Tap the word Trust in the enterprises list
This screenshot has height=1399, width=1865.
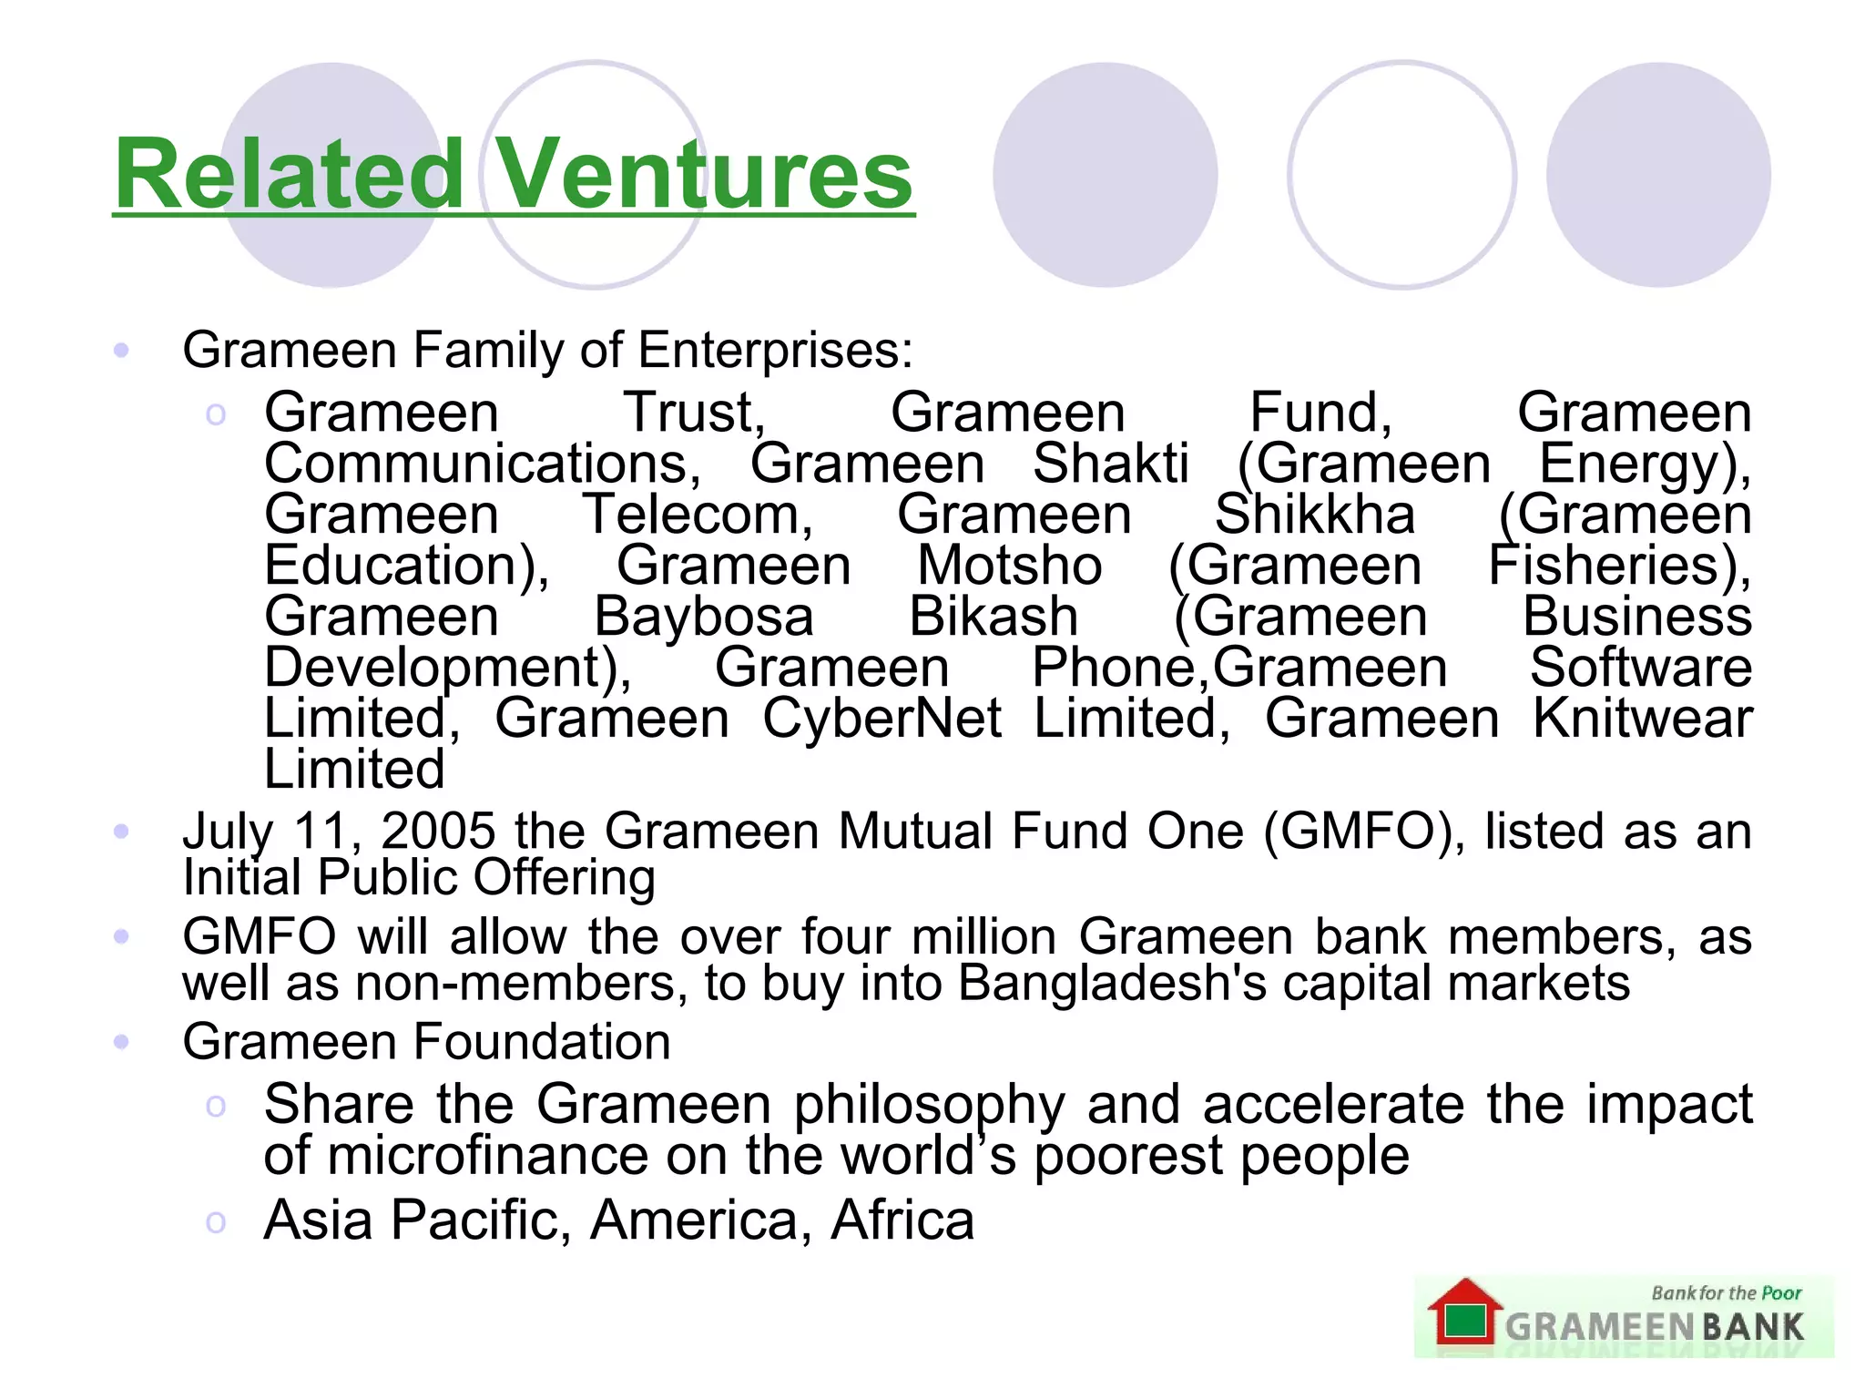pos(694,413)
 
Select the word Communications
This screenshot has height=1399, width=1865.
pos(483,464)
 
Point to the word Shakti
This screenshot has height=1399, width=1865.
pos(1111,464)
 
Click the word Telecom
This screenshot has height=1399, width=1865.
pos(698,515)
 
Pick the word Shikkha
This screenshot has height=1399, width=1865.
pos(1315,515)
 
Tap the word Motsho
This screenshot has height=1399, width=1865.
pos(1009,566)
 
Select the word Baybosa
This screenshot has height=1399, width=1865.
pos(704,617)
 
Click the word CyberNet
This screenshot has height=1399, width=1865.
pos(882,719)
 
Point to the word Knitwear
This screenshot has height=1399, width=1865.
pos(1642,719)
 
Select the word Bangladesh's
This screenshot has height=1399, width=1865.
pos(1112,983)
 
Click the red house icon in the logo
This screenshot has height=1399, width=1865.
pos(1464,1312)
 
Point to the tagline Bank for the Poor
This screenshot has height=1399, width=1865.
pos(1726,1292)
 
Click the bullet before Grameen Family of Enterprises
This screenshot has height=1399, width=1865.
pos(121,350)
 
